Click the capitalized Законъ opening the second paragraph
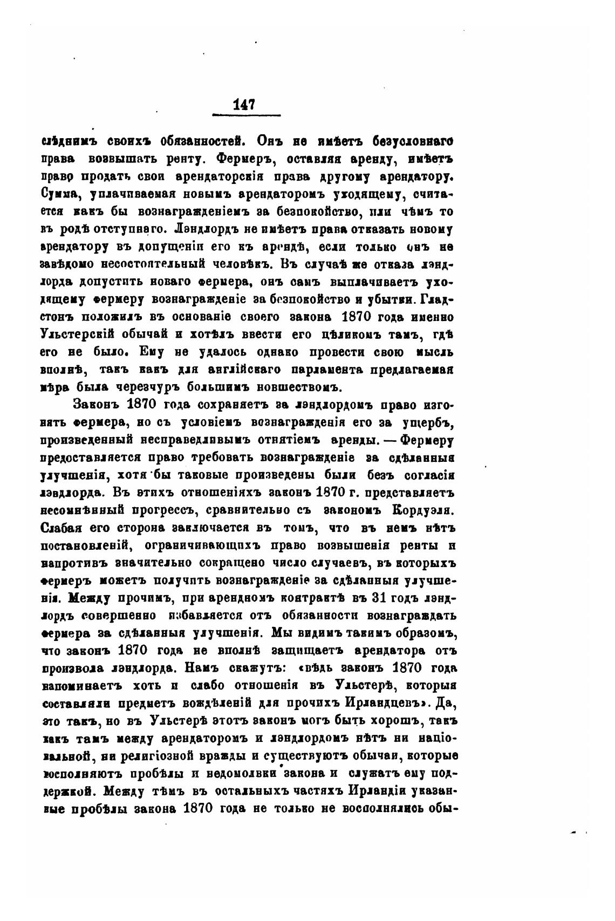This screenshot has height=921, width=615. pos(95,405)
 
